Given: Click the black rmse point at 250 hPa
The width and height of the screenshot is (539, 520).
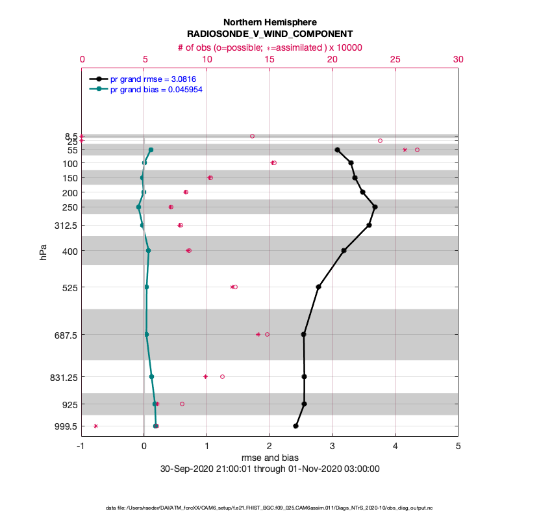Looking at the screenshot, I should (x=375, y=207).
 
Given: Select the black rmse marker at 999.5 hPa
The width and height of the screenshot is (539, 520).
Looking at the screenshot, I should (x=295, y=426).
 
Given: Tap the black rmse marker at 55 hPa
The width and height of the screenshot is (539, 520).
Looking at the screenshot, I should (x=337, y=149).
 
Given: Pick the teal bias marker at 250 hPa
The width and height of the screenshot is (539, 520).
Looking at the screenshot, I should (x=138, y=207).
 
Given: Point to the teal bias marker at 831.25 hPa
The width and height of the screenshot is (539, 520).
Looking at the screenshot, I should (x=151, y=376).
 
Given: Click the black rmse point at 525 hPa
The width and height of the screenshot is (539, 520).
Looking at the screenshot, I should (x=318, y=287).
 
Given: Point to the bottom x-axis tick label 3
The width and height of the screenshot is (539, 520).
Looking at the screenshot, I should (x=332, y=447).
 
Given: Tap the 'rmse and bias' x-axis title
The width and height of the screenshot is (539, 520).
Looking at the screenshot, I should (x=269, y=458).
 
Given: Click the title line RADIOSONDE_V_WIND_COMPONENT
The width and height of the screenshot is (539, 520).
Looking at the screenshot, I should (x=269, y=34).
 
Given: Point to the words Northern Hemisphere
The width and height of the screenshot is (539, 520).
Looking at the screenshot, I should (x=269, y=22).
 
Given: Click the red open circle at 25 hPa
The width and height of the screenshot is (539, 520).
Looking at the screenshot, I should (x=380, y=140).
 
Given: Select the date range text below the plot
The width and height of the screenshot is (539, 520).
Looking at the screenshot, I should (x=269, y=469).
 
